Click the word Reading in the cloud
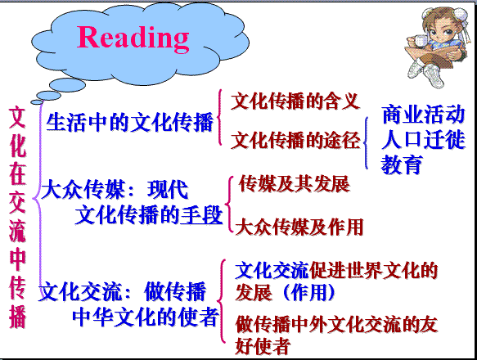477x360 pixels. click(133, 38)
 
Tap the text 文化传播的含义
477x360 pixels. click(295, 101)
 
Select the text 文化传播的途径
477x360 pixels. click(295, 140)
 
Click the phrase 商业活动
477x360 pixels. click(423, 115)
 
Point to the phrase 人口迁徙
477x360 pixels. click(423, 139)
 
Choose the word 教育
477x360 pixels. click(402, 164)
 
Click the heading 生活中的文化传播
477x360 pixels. click(129, 123)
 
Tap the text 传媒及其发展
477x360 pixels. click(295, 184)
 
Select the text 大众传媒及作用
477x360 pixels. click(299, 227)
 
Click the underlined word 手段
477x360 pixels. click(201, 215)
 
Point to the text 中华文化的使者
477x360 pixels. click(146, 317)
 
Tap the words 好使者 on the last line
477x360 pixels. click(263, 346)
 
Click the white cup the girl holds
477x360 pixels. click(420, 41)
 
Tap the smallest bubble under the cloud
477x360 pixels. click(37, 102)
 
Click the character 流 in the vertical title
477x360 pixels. click(17, 231)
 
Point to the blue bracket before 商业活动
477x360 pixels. click(366, 143)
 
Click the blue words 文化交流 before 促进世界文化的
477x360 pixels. click(272, 270)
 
